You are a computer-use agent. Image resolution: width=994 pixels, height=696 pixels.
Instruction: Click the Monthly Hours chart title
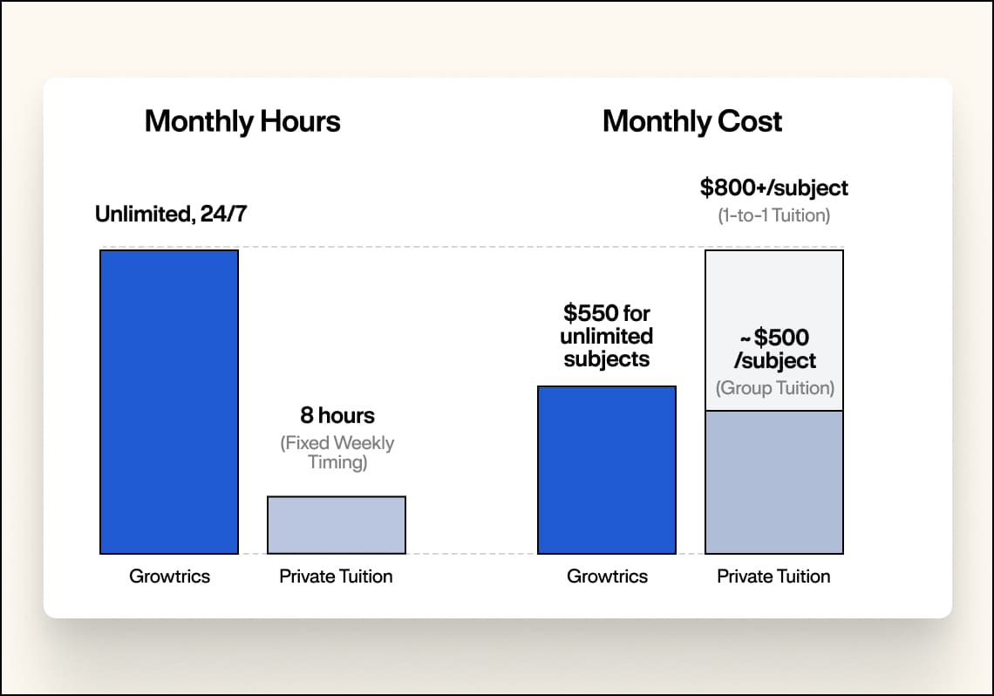tap(242, 121)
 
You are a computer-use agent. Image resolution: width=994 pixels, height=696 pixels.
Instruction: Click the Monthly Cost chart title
tap(692, 121)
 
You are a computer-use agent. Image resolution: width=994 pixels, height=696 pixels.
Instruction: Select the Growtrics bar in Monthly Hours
tap(169, 401)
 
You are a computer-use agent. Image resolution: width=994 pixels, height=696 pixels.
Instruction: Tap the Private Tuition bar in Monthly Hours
tap(337, 525)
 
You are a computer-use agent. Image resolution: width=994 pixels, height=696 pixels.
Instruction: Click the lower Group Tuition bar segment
tap(774, 481)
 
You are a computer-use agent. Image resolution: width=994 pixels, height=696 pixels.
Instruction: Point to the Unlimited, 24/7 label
tap(171, 214)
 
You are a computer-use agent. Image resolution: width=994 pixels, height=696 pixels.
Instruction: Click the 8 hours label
tap(337, 415)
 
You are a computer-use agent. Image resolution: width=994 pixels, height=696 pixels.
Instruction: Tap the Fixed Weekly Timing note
tap(337, 452)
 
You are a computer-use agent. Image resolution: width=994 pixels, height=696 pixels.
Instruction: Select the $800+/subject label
tap(774, 188)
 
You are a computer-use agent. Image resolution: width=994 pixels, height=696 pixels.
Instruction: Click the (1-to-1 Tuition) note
tap(774, 215)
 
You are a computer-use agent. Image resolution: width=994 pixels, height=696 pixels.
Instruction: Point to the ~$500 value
tap(774, 338)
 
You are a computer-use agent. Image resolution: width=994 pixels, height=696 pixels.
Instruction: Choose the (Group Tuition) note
tap(774, 388)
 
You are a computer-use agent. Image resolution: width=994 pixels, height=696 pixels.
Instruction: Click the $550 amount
tap(591, 312)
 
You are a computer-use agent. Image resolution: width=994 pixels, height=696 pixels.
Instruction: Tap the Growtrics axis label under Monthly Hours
tap(169, 577)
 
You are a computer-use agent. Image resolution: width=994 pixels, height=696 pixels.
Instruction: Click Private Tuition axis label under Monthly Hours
tap(337, 577)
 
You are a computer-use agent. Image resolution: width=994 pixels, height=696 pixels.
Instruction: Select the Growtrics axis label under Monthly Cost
tap(607, 577)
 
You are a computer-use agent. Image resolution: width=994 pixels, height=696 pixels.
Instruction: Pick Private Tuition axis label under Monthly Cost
tap(774, 577)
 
